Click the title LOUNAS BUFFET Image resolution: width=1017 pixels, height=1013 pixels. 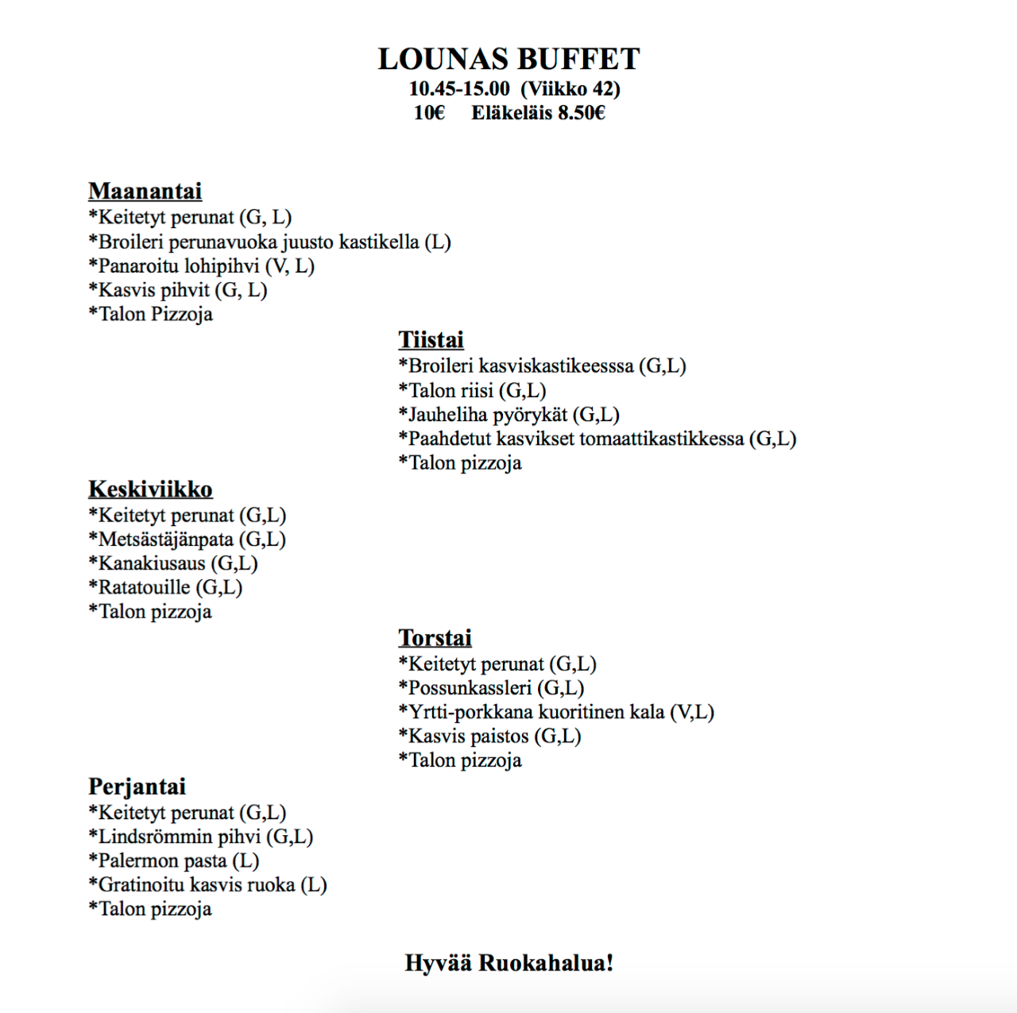click(508, 60)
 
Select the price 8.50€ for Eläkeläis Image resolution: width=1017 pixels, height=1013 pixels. click(581, 113)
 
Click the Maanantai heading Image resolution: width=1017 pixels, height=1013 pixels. click(145, 191)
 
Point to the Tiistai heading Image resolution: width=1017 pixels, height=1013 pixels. click(431, 340)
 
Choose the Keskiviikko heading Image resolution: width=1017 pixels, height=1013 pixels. click(150, 489)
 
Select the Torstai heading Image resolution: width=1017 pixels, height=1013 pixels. click(435, 638)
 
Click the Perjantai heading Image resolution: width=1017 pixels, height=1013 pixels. click(137, 787)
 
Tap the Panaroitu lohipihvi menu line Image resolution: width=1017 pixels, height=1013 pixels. click(202, 266)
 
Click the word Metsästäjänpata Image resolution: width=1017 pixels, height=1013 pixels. click(165, 539)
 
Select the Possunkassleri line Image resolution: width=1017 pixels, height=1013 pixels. click(491, 688)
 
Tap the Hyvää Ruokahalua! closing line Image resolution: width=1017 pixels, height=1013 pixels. click(508, 963)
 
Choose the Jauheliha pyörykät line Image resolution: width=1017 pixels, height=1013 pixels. click(508, 415)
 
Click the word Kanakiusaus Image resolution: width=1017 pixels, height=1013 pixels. click(151, 563)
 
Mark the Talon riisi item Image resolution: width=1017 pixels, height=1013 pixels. click(472, 391)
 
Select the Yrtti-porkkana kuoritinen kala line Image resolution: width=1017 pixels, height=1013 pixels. click(556, 712)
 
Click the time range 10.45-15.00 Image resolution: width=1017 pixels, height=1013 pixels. click(459, 89)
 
